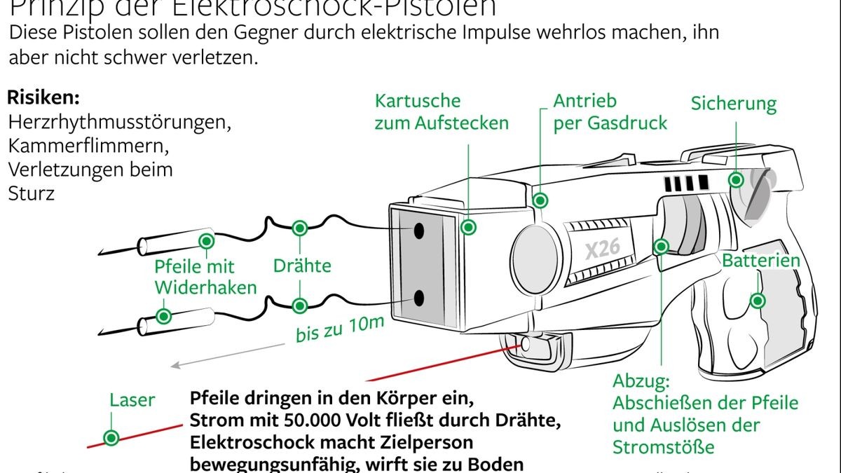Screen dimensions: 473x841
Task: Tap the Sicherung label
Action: [x=733, y=104]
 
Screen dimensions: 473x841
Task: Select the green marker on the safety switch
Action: [x=736, y=179]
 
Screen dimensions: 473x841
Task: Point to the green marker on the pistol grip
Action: [x=757, y=301]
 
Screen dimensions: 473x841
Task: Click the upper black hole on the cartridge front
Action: [x=419, y=231]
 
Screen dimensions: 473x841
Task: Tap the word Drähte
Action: [x=302, y=266]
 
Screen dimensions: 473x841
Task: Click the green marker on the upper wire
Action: [x=300, y=228]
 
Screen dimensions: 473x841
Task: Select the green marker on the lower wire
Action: [x=300, y=306]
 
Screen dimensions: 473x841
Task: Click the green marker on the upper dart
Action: [x=206, y=241]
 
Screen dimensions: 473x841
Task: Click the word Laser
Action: [x=132, y=400]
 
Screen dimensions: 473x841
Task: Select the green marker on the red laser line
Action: [x=111, y=438]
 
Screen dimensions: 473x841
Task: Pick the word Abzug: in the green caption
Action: [x=641, y=381]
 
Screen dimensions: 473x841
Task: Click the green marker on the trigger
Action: [x=660, y=246]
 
